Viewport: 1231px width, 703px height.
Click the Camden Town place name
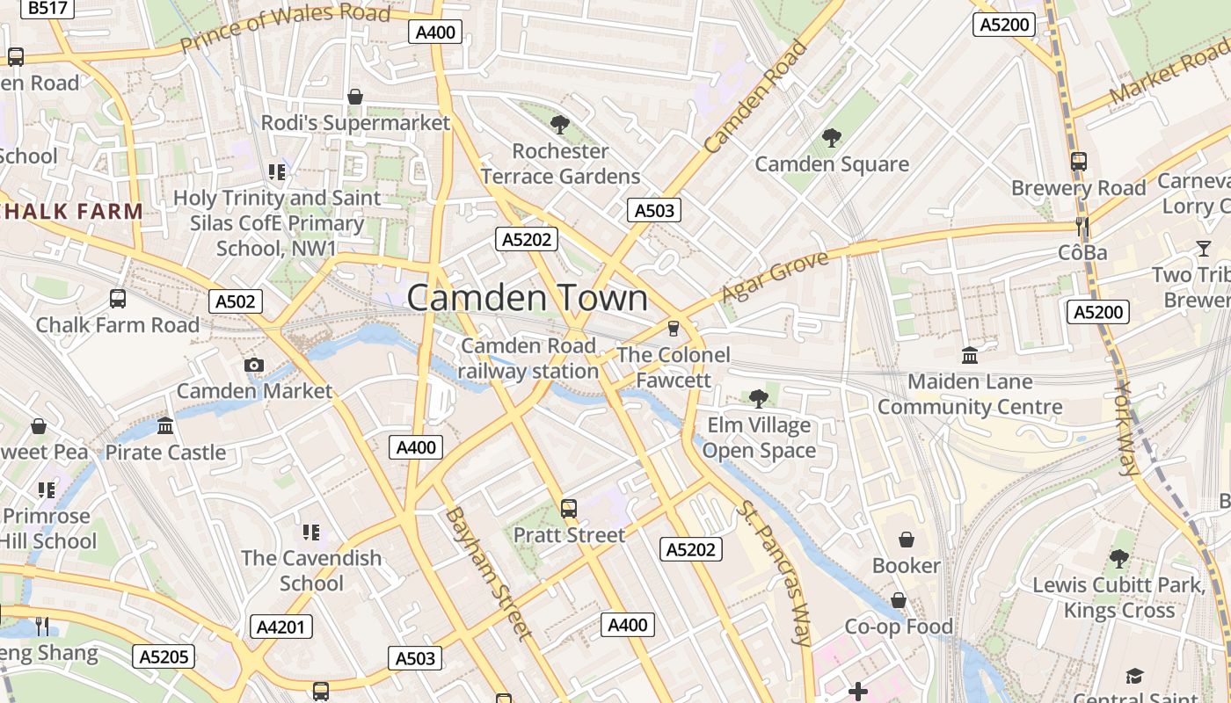[x=528, y=298]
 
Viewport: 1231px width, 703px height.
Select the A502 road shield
[x=236, y=301]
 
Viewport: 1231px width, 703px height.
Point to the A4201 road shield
[x=281, y=627]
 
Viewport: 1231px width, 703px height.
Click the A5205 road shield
[x=164, y=656]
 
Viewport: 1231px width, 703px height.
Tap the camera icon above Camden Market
[x=254, y=366]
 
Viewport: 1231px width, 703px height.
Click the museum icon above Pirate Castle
[x=165, y=426]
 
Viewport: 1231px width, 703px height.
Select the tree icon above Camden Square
[x=831, y=138]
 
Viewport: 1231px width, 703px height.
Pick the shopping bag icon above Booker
[x=906, y=540]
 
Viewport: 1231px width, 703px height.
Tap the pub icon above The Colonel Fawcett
[x=674, y=329]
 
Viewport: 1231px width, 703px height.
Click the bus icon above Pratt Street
[x=569, y=509]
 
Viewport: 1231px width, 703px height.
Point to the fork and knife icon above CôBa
[x=1082, y=227]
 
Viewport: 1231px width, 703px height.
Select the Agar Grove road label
[x=775, y=276]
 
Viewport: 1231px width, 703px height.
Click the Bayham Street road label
[x=489, y=573]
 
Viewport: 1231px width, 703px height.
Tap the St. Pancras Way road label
[x=775, y=573]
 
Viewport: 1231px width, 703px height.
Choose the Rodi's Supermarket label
[x=355, y=123]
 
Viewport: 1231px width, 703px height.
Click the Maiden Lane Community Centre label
[x=970, y=395]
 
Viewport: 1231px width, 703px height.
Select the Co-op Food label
[x=899, y=627]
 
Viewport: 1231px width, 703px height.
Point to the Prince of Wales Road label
[x=286, y=27]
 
